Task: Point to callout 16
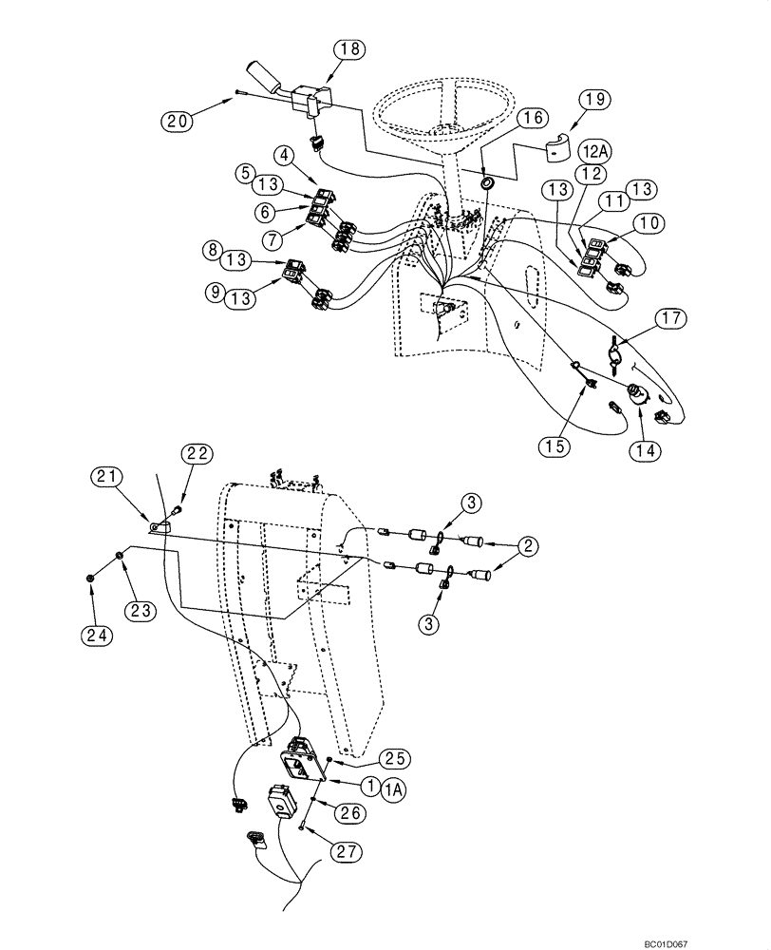(533, 117)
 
